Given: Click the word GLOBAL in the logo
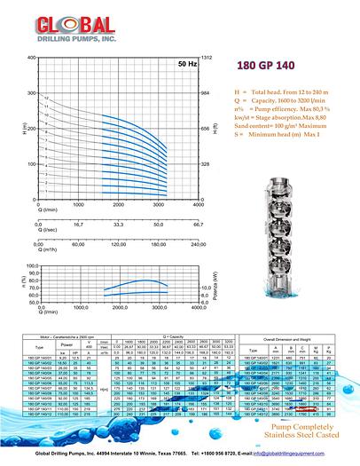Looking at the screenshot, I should [61, 20].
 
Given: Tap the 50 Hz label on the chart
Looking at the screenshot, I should [187, 65].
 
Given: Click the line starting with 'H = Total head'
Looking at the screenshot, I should [280, 92].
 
